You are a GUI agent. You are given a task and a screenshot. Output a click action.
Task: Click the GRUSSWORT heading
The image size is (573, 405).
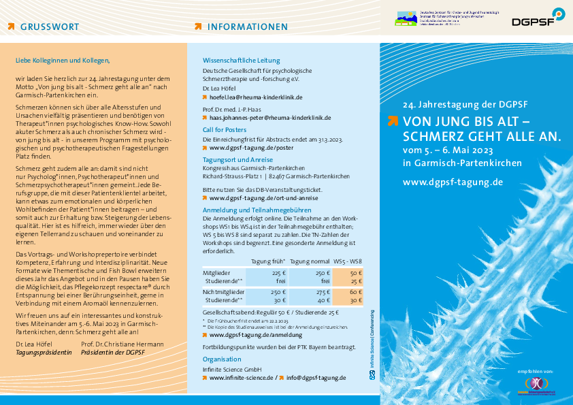coord(49,27)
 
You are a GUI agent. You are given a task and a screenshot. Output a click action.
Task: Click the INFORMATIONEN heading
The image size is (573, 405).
coord(247,27)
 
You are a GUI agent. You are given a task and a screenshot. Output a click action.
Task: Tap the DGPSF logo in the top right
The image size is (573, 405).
coord(538,18)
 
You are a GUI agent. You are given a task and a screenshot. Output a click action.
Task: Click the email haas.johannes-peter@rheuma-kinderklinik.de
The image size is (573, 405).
coord(270,117)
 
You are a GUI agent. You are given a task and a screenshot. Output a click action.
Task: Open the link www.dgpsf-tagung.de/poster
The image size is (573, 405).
coord(251,147)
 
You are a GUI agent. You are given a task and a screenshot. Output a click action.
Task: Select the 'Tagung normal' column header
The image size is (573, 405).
coord(310,261)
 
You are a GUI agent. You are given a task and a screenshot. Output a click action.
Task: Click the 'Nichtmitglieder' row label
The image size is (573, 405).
coord(224,291)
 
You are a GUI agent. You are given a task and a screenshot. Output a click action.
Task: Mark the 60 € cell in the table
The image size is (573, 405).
coord(356,291)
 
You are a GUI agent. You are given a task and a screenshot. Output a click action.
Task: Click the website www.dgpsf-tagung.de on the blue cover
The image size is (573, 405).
coord(453,182)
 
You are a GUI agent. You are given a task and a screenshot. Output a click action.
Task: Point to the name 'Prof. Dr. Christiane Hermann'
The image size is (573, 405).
coord(122,344)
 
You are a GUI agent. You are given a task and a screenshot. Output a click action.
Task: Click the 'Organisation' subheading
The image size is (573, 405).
coord(222,359)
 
